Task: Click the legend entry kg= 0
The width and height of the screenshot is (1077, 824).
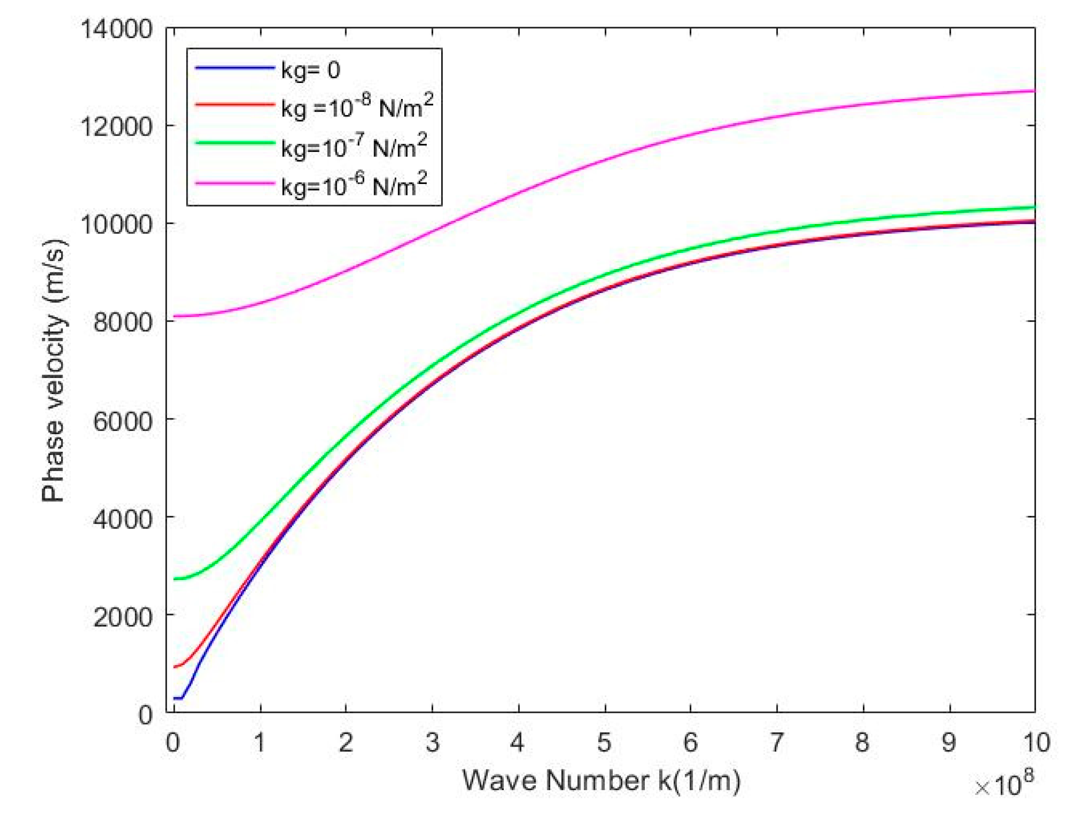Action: coord(310,69)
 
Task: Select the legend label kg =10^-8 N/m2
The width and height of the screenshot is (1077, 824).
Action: coord(357,107)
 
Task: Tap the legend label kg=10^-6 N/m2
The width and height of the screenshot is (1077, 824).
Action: coord(354,185)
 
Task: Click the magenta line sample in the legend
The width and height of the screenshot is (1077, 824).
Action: coord(235,183)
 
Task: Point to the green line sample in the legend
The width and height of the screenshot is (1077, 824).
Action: coord(235,143)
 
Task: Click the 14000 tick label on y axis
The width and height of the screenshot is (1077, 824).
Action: coord(116,29)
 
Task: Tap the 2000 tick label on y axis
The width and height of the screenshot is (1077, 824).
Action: coord(123,617)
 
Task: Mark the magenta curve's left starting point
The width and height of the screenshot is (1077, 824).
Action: coord(174,316)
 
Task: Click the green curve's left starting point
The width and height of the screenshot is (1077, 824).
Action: coord(174,579)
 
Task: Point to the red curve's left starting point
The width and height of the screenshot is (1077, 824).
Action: coord(174,667)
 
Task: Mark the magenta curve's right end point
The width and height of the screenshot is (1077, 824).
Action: coord(1034,91)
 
